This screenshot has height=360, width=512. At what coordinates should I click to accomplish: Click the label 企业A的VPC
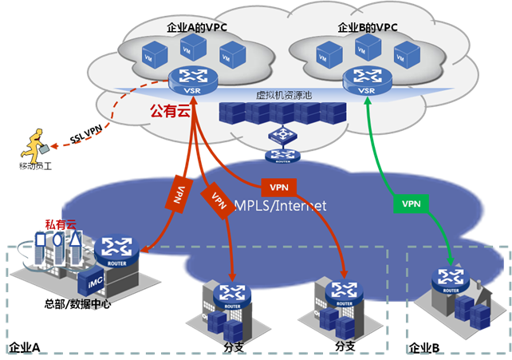(x=195, y=28)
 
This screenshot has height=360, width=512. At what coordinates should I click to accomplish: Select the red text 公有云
(x=171, y=112)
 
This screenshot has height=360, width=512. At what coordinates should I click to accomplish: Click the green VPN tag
(x=411, y=204)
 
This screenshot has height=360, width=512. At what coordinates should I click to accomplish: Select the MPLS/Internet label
(x=281, y=206)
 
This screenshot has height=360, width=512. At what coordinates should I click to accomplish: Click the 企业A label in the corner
(x=24, y=348)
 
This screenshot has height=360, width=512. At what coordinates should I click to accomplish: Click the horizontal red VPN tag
(x=278, y=187)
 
